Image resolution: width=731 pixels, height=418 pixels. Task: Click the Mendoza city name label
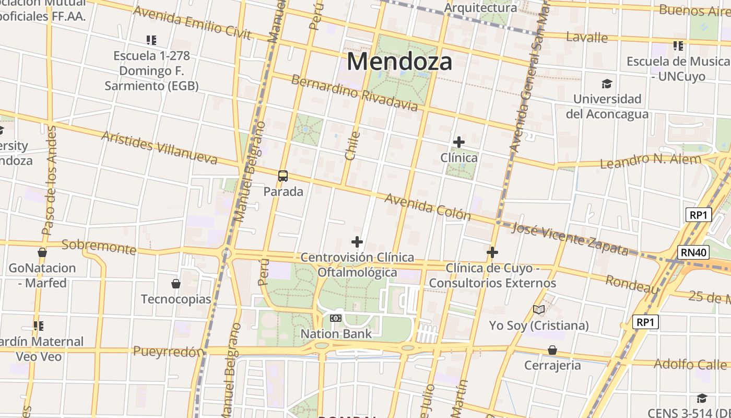(399, 62)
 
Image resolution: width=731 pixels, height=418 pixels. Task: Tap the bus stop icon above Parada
(283, 176)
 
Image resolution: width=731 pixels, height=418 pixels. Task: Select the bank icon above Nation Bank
(336, 318)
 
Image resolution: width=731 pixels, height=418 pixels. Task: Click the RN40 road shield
(694, 253)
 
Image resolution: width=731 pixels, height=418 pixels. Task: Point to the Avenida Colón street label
(428, 207)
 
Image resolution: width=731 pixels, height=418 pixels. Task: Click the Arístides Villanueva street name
(159, 147)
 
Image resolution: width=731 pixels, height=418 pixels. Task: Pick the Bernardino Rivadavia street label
(355, 94)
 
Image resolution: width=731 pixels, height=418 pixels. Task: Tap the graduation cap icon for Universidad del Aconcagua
(607, 84)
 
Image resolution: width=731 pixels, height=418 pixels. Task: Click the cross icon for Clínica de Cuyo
(492, 252)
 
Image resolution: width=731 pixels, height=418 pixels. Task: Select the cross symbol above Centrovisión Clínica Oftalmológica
(357, 242)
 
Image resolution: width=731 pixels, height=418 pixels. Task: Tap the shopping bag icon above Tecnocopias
(176, 284)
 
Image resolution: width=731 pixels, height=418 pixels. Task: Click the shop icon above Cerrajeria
(552, 350)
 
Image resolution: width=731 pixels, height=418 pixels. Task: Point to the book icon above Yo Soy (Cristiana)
(539, 310)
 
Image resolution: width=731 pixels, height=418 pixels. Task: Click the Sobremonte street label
(99, 247)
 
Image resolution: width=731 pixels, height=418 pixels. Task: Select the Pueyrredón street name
(168, 351)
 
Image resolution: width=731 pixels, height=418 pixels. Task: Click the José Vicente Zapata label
(570, 238)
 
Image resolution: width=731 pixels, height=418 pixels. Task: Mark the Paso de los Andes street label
(49, 180)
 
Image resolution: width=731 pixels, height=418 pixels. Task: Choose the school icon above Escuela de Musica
(678, 46)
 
